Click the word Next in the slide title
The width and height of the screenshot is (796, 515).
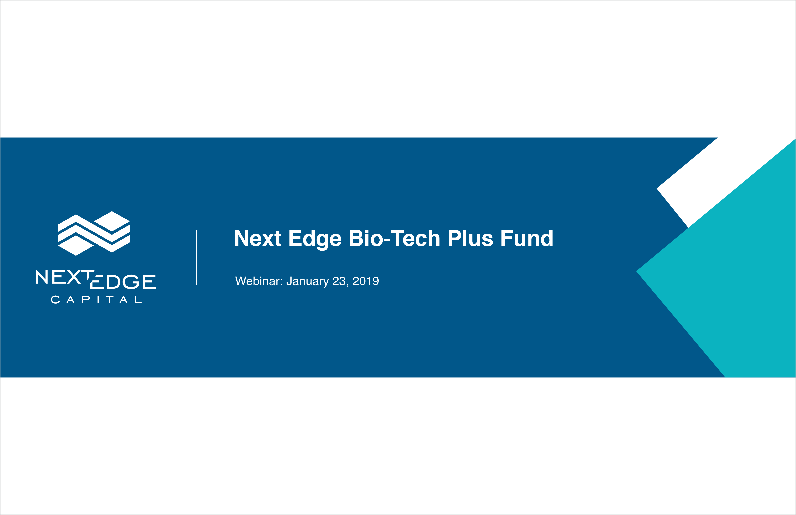pyautogui.click(x=258, y=238)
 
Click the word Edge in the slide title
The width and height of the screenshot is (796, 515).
pyautogui.click(x=315, y=239)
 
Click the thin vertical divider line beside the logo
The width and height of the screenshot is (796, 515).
pyautogui.click(x=196, y=257)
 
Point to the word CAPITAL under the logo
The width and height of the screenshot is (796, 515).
pyautogui.click(x=96, y=300)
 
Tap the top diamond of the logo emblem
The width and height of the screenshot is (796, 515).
pyautogui.click(x=112, y=221)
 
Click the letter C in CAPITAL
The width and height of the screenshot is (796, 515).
pyautogui.click(x=55, y=300)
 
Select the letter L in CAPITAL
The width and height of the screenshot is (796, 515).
pyautogui.click(x=138, y=300)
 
